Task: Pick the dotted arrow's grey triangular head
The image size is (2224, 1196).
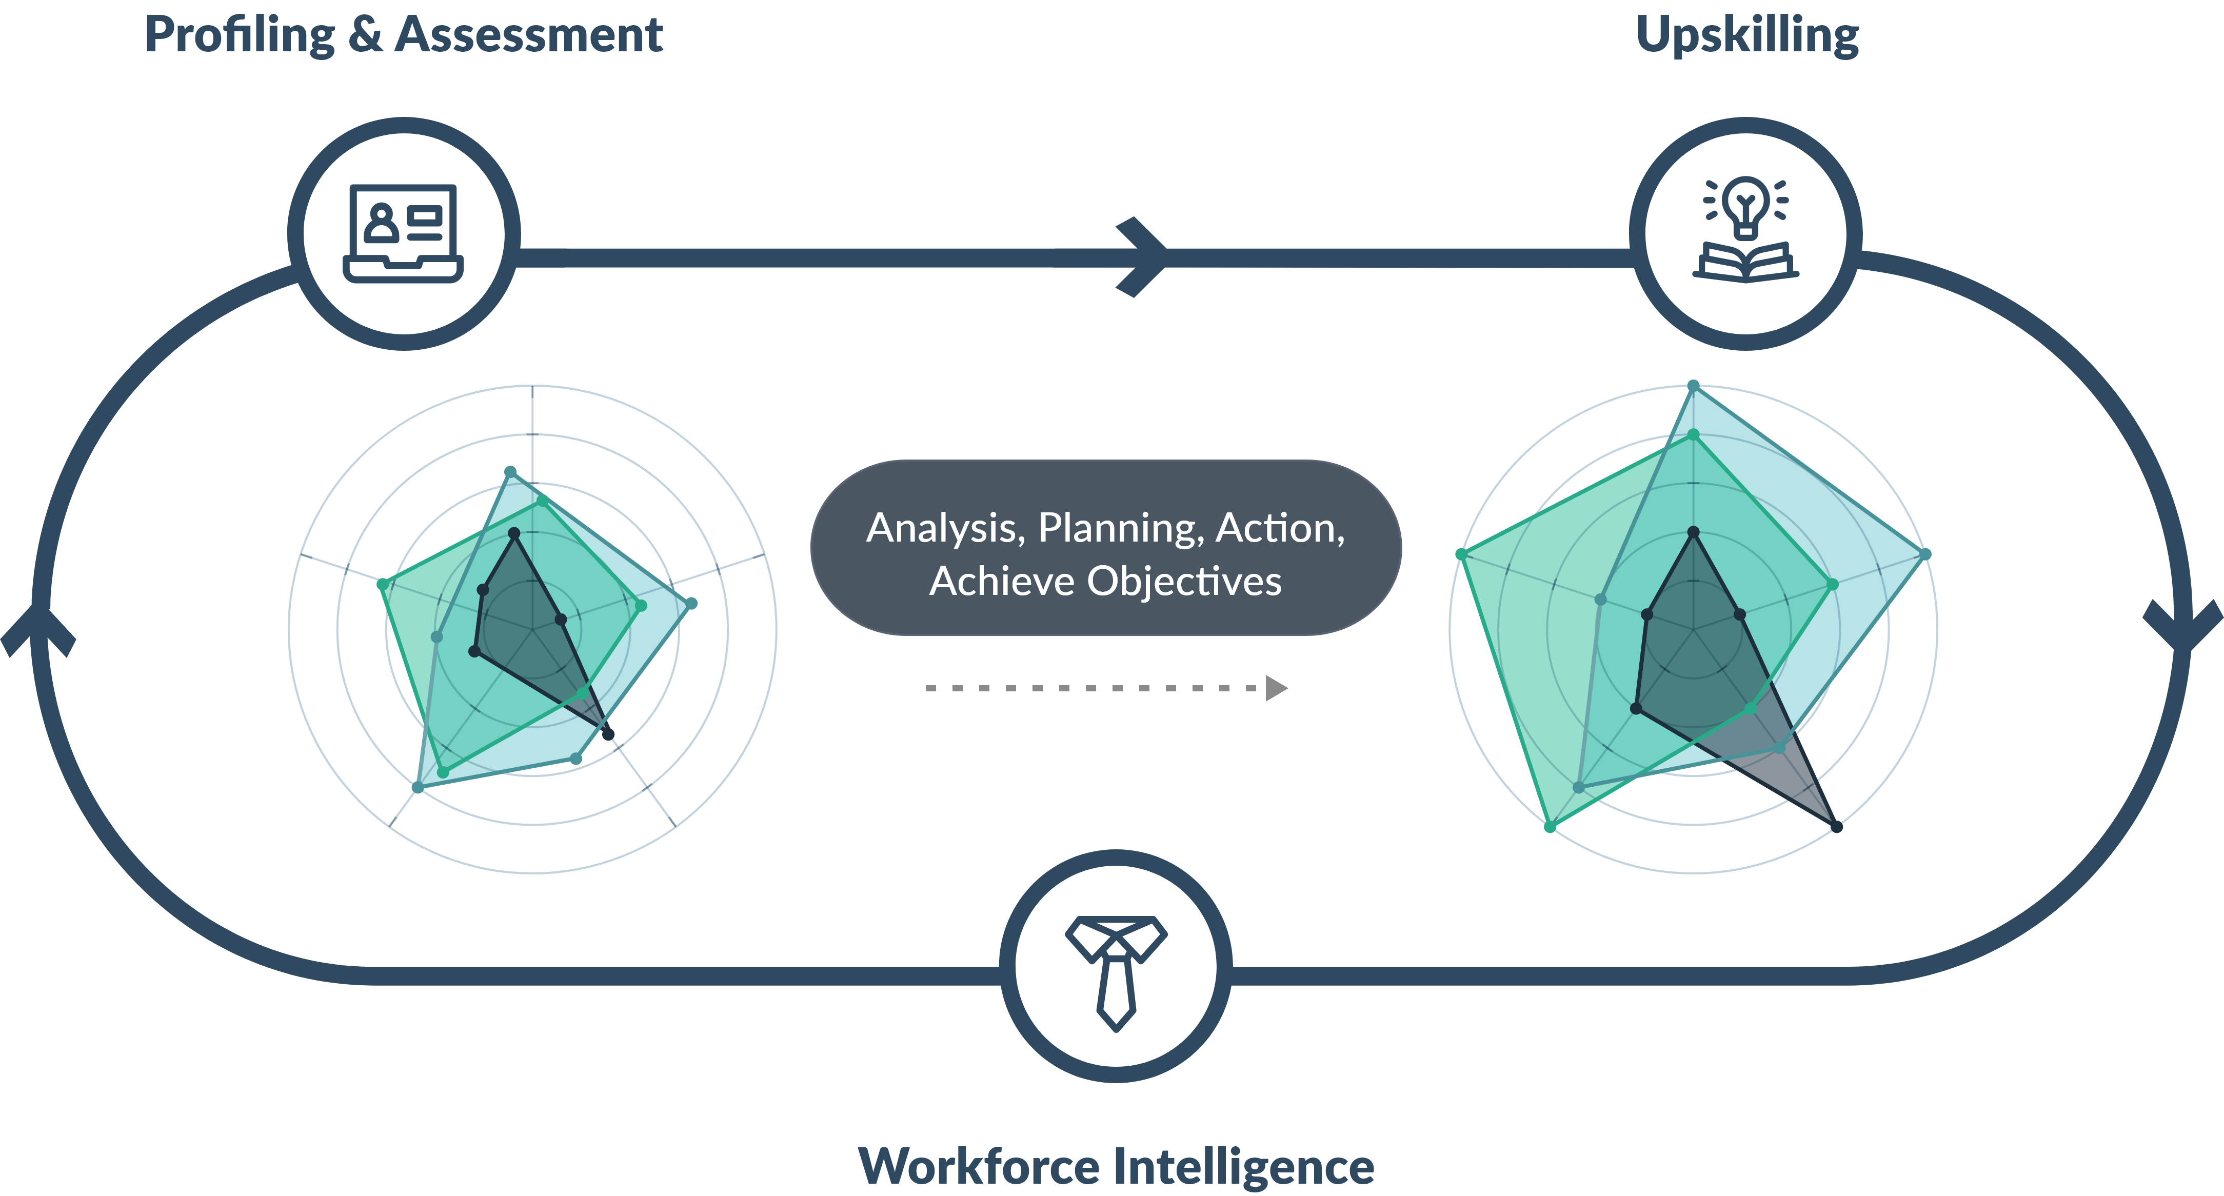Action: click(x=1276, y=688)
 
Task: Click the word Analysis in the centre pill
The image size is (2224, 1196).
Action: click(x=944, y=528)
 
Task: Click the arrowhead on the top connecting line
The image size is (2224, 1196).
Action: click(x=1144, y=257)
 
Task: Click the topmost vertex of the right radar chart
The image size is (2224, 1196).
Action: click(x=1694, y=386)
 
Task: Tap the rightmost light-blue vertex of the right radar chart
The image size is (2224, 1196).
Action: click(x=1926, y=553)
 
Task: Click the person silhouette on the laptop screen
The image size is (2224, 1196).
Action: click(x=381, y=223)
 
